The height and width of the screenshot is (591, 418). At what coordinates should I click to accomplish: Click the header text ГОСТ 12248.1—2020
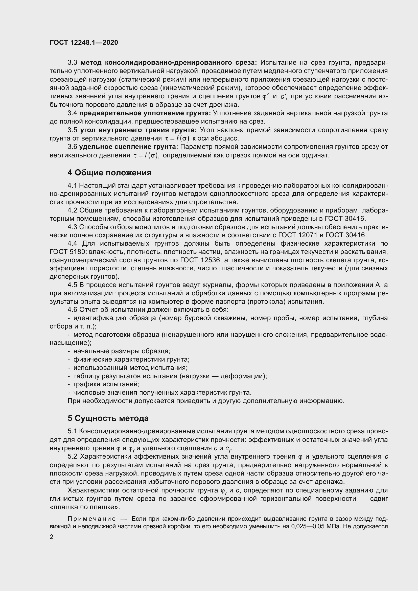pos(84,42)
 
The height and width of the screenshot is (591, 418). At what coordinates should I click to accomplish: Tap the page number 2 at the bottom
pos(52,536)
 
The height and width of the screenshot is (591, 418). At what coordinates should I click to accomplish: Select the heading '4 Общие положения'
pos(109,173)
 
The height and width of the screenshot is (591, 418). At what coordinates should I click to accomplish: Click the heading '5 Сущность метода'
pos(108,418)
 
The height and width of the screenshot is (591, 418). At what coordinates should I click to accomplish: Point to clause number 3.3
pos(73,63)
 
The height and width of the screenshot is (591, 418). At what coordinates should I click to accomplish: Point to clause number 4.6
pos(73,310)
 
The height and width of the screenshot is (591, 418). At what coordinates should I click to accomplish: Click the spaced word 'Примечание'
pos(91,519)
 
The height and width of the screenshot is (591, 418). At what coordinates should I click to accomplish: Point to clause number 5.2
pos(73,457)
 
